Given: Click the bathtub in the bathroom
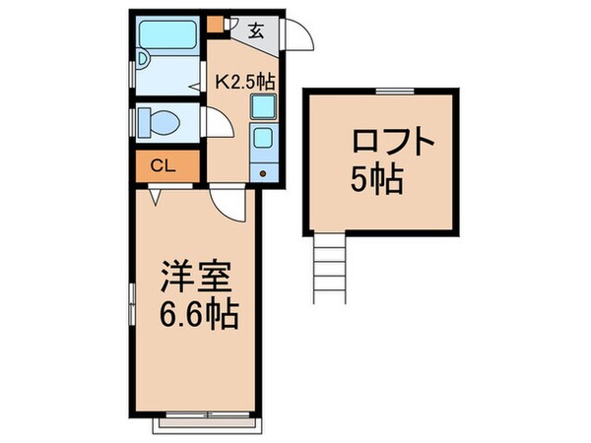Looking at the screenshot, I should coord(169,38).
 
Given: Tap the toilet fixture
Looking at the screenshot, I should coord(157,121).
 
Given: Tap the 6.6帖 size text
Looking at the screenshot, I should coord(198,317).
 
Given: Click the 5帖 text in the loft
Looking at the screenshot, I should coord(377,180).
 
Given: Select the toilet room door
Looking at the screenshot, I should coord(215,123).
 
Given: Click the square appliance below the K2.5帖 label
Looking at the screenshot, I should coord(263,106).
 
